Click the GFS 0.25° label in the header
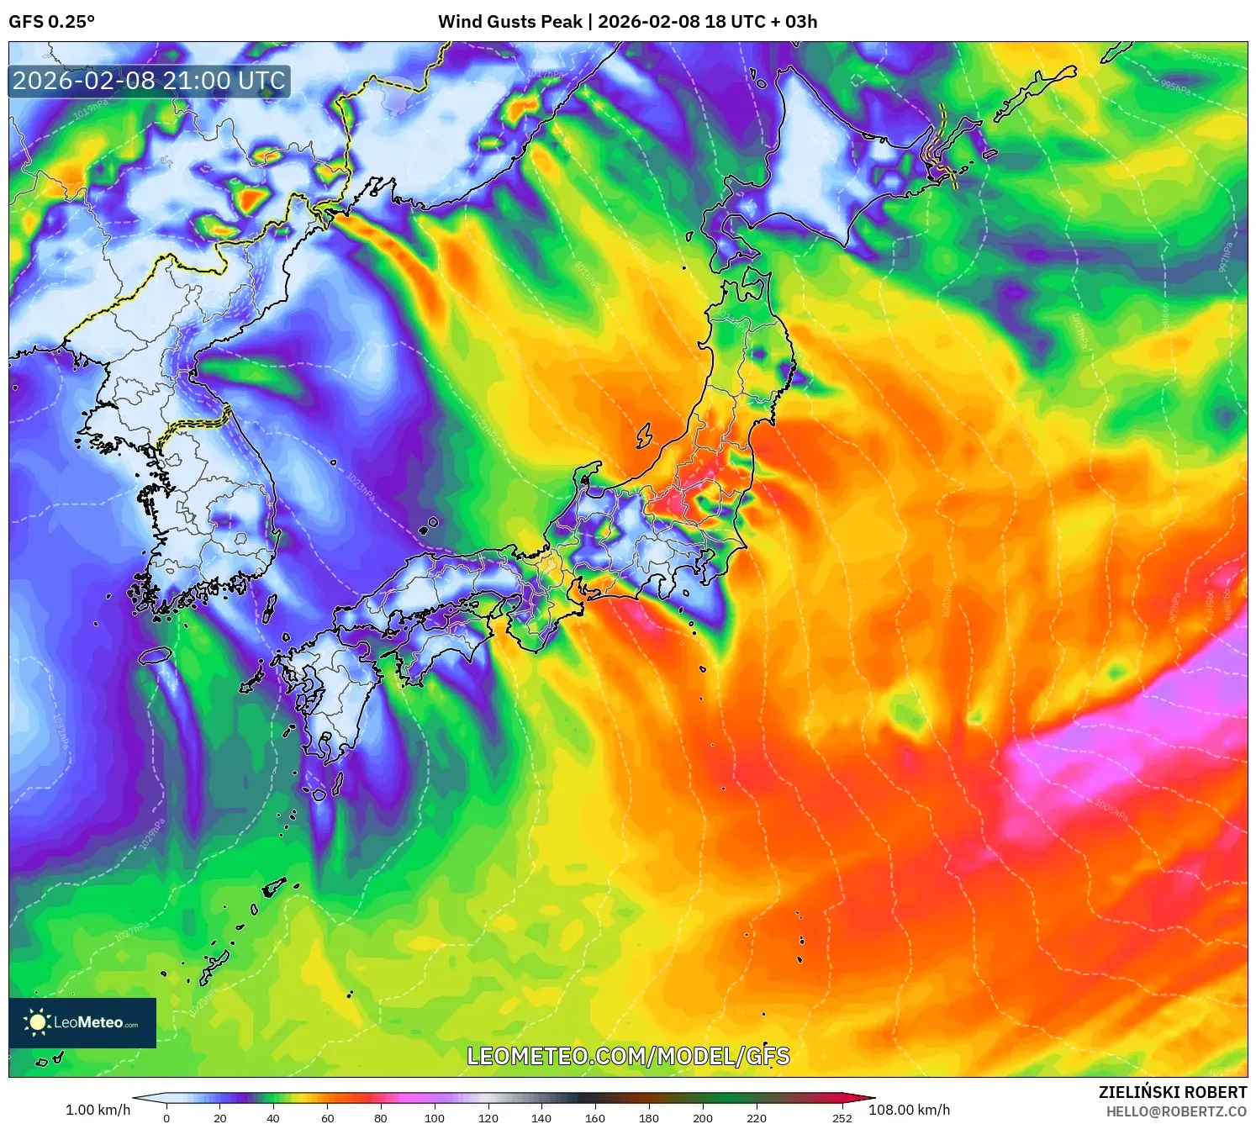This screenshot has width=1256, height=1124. coord(51,22)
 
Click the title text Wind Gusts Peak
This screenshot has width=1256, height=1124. coord(509,22)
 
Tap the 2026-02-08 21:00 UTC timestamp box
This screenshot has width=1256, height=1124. coord(149,81)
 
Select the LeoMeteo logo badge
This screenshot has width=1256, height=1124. coord(82,1022)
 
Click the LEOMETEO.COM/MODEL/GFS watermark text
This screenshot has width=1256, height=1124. coord(628,1056)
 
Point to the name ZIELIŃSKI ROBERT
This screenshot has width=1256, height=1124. coord(1172,1092)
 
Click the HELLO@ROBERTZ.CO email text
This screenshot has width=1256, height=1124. coord(1175,1111)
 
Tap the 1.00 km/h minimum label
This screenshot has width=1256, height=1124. coord(98,1110)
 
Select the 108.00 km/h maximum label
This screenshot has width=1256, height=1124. coord(909,1110)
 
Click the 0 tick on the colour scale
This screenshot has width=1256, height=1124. coord(166,1117)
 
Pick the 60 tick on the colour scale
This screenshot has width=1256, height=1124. coord(327,1117)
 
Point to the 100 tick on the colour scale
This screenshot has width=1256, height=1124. coord(434,1117)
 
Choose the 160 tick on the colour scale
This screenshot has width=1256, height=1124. coord(594,1117)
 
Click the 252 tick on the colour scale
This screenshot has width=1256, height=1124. coord(842,1117)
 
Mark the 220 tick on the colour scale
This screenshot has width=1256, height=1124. coord(756,1117)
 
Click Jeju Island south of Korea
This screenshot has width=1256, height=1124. coord(156,655)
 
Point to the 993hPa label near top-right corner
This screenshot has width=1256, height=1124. coord(1206,59)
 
